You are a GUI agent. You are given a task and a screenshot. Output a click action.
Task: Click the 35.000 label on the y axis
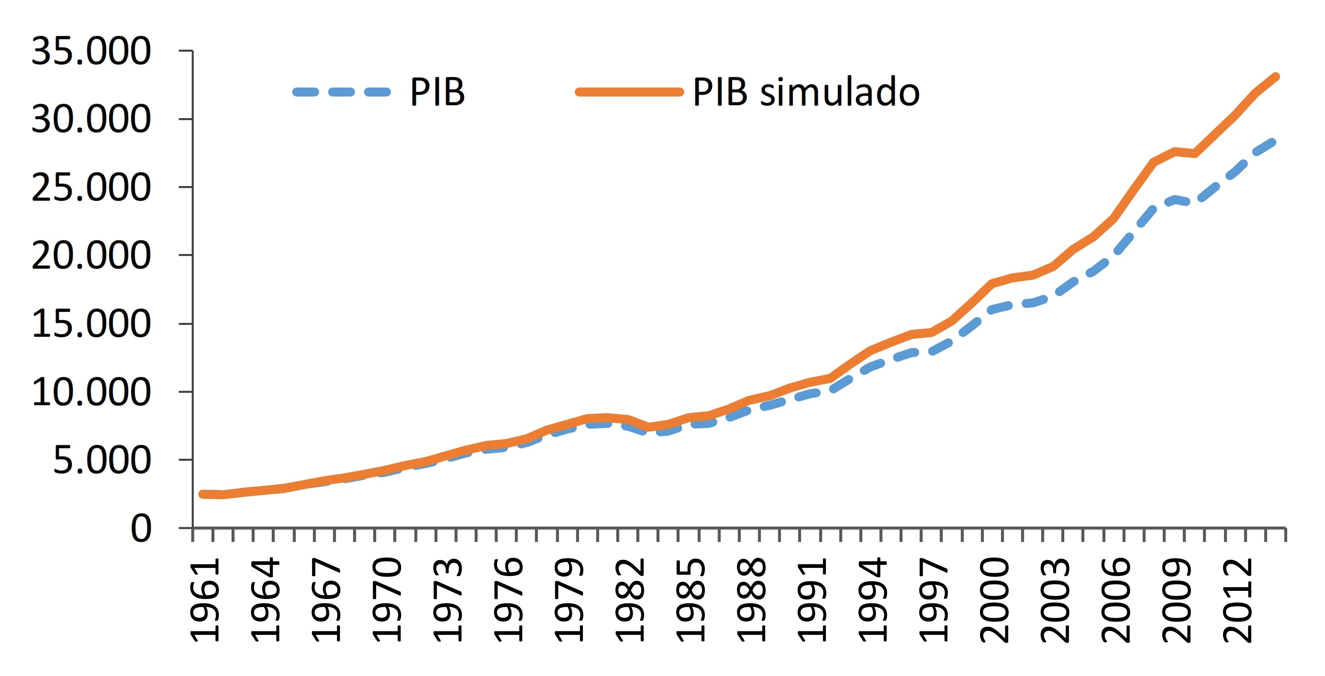click(x=91, y=51)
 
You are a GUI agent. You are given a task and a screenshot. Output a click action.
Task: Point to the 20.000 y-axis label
click(x=91, y=255)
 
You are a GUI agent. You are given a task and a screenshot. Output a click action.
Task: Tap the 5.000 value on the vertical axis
click(x=102, y=460)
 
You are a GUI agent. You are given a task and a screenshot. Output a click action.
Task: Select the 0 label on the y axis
click(x=141, y=528)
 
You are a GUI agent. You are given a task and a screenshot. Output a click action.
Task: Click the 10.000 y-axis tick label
click(x=91, y=392)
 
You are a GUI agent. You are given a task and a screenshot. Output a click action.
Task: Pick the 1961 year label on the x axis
click(x=205, y=601)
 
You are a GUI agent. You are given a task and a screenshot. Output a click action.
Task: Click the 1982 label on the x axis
click(x=630, y=601)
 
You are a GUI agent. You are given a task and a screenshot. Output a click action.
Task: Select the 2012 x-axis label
click(x=1237, y=601)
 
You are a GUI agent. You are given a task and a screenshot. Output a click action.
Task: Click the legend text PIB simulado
click(x=806, y=92)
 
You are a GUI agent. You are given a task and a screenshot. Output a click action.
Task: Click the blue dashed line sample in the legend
click(x=342, y=92)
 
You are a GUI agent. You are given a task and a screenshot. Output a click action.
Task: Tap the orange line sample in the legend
click(x=630, y=92)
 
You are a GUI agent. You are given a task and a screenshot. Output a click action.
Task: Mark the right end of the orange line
click(x=1276, y=77)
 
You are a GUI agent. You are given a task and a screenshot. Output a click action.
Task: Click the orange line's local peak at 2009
click(x=1175, y=151)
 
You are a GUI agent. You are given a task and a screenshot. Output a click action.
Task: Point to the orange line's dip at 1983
click(x=648, y=427)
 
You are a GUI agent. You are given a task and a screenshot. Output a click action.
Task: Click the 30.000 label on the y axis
click(x=91, y=119)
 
